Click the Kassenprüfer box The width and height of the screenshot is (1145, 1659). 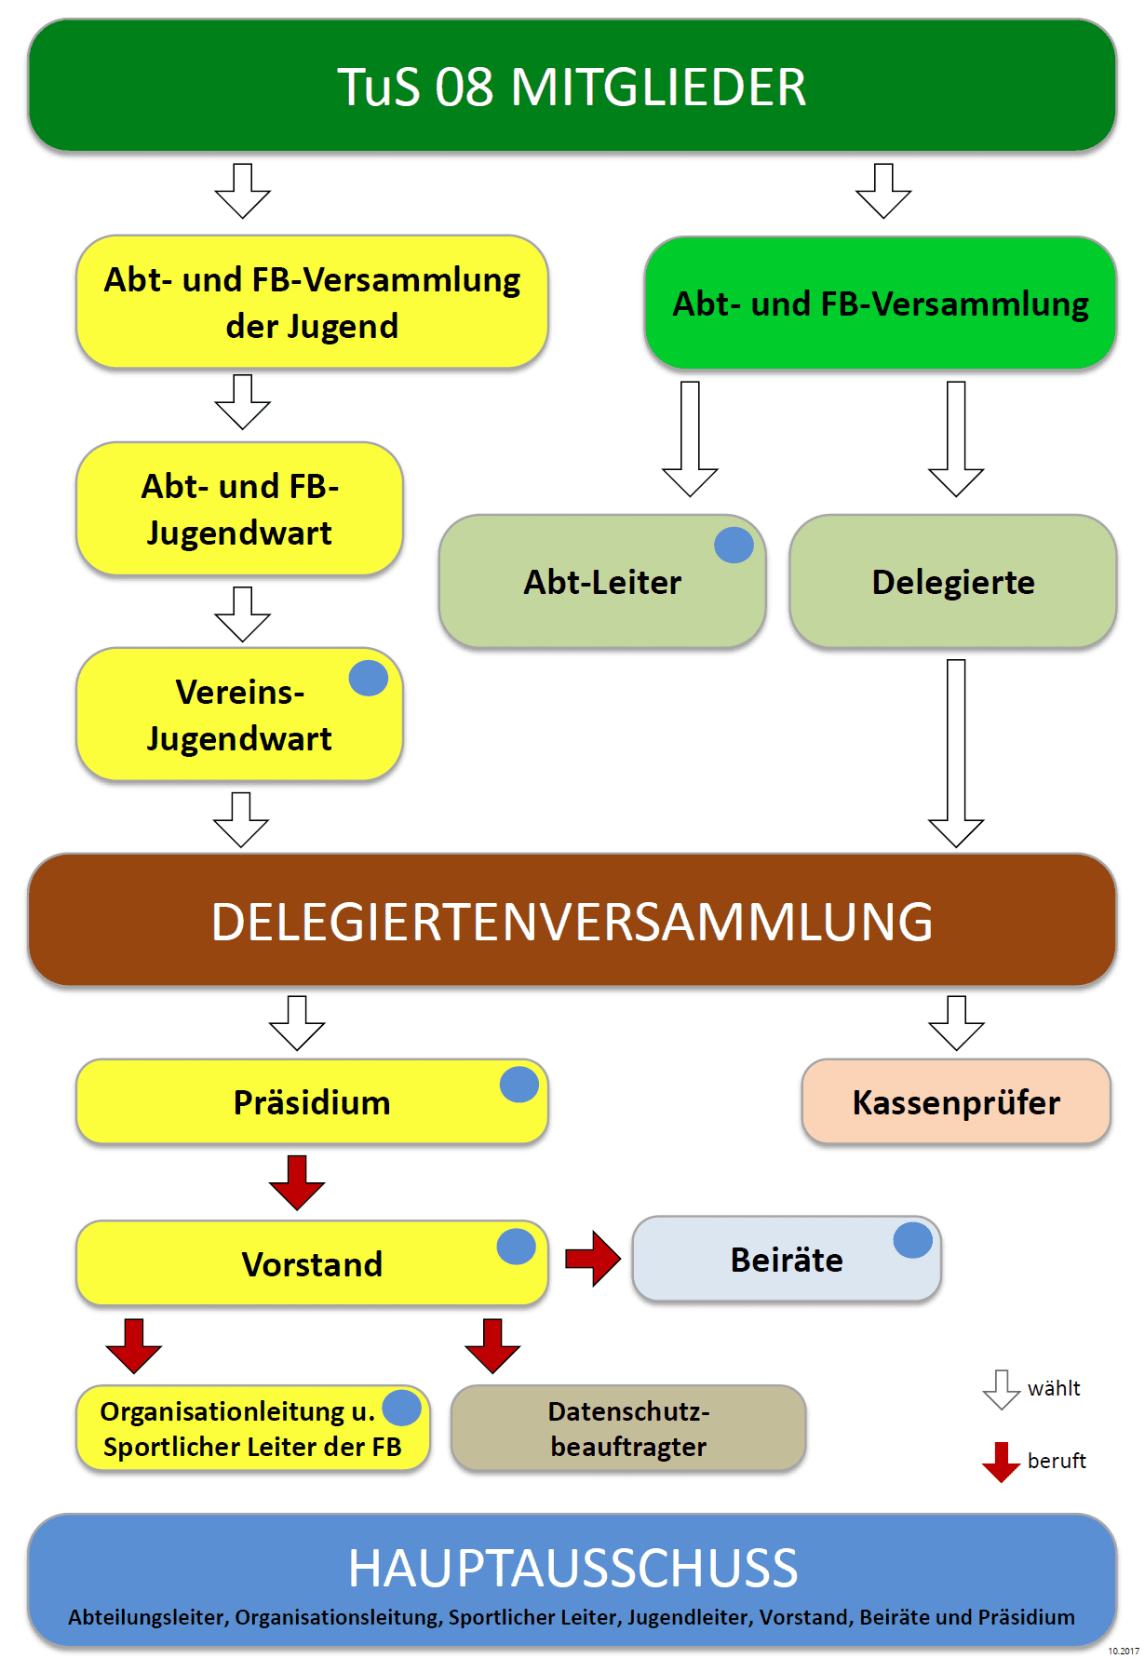click(956, 1102)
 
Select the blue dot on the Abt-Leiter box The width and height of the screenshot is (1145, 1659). click(734, 546)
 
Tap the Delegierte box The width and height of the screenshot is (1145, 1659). click(952, 582)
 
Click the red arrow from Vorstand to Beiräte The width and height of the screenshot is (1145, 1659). click(593, 1260)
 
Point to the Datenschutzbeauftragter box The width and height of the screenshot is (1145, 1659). click(628, 1429)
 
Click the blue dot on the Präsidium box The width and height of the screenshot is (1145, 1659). click(519, 1085)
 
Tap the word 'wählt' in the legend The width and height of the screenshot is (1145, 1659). click(1054, 1389)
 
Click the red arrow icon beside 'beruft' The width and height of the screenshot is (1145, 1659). click(1002, 1462)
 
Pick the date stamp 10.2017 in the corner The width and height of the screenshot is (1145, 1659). click(1124, 1651)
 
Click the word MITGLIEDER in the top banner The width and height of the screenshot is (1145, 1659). click(658, 88)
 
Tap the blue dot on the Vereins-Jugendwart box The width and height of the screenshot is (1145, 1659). click(369, 679)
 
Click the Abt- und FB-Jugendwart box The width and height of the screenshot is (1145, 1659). click(239, 509)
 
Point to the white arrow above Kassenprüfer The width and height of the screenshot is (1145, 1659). click(956, 1023)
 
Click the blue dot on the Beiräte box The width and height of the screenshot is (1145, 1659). click(913, 1240)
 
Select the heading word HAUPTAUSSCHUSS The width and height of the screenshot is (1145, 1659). click(572, 1568)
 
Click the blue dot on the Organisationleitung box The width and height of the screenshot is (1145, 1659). click(402, 1408)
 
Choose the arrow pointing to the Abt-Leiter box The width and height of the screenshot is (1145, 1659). click(690, 438)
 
